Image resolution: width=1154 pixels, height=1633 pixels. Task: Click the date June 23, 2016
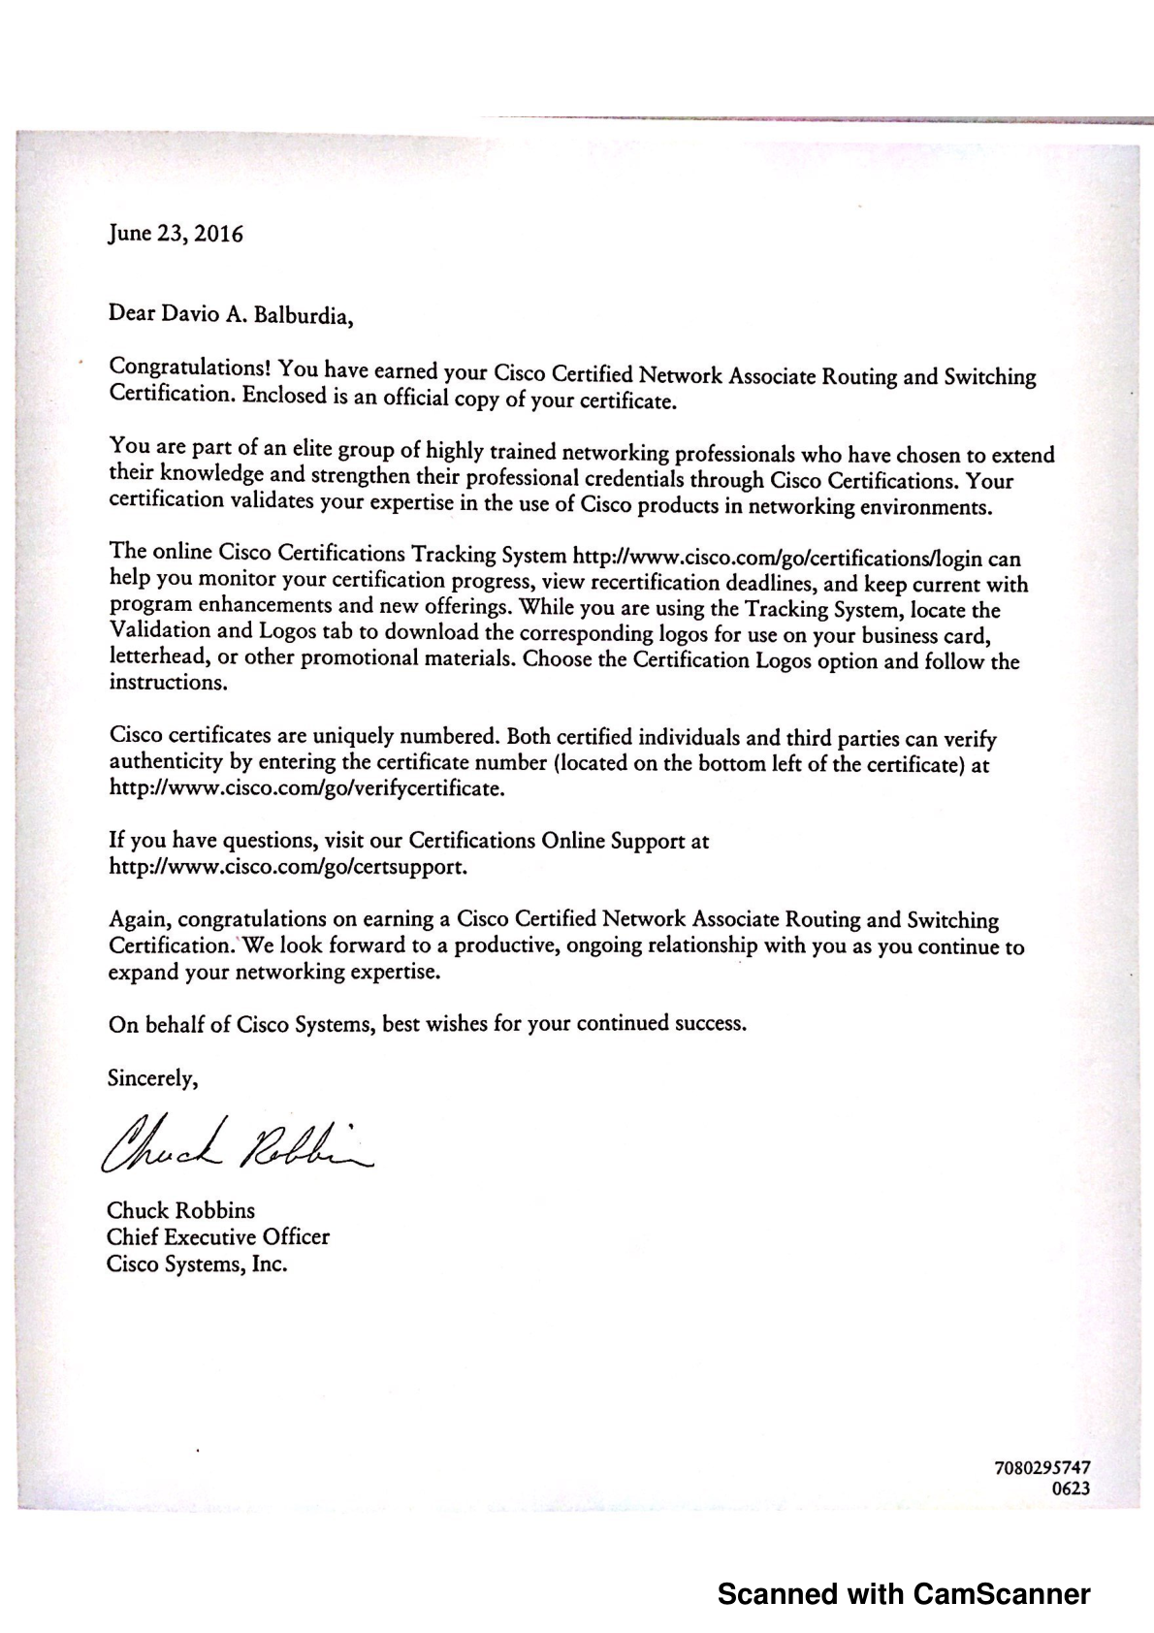tap(176, 234)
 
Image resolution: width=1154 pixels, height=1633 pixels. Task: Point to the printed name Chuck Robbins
tap(180, 1210)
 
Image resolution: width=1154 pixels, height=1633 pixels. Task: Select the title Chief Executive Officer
tap(218, 1237)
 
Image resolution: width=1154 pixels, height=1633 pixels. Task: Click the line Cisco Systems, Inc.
tap(197, 1265)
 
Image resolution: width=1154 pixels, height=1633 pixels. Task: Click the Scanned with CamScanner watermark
tap(903, 1594)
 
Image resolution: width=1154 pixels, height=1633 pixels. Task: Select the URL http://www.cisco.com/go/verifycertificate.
tap(307, 787)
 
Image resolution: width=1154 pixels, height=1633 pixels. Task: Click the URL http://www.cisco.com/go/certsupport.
tap(288, 866)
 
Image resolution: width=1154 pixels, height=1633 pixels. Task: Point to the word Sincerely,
tap(153, 1077)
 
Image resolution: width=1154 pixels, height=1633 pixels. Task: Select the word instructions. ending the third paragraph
tap(169, 682)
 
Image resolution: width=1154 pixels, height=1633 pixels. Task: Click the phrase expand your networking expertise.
tap(274, 971)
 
